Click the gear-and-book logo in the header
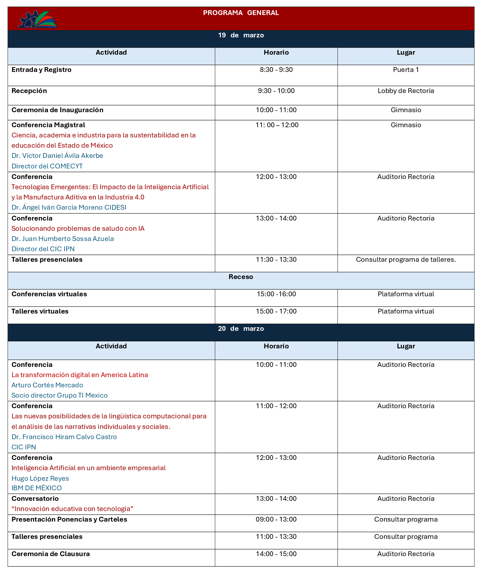(x=38, y=19)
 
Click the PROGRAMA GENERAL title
(x=241, y=13)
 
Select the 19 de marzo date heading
(x=241, y=35)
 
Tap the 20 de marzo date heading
(x=241, y=329)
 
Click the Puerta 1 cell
(x=406, y=70)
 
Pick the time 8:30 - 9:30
(x=276, y=70)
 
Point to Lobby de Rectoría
(x=406, y=91)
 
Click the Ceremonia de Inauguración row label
(x=57, y=110)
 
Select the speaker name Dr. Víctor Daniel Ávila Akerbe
(x=57, y=156)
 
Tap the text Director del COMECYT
(x=47, y=166)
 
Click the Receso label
(x=241, y=277)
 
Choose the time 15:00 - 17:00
(x=276, y=311)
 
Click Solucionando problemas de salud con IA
(x=78, y=229)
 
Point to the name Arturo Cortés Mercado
(x=47, y=385)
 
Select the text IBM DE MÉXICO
(x=36, y=488)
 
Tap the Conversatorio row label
(x=35, y=499)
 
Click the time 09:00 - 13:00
(x=276, y=519)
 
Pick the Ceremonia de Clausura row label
(x=50, y=554)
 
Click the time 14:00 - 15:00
(x=276, y=554)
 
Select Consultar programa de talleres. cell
(x=406, y=260)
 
